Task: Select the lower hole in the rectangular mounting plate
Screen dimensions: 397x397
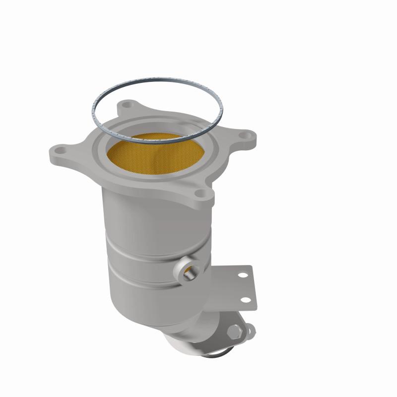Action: coord(247,298)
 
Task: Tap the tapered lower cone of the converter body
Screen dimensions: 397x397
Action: coord(149,308)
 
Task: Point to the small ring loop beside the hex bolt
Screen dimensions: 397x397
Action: coord(249,329)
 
